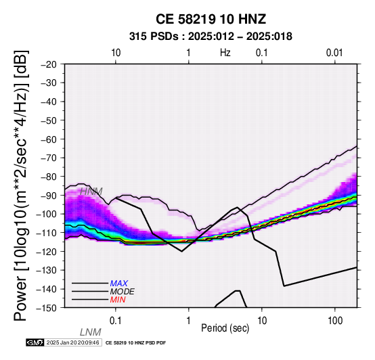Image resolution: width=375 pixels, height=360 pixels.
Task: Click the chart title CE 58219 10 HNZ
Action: pyautogui.click(x=211, y=19)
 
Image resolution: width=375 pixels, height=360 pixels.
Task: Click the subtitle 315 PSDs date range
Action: pyautogui.click(x=211, y=37)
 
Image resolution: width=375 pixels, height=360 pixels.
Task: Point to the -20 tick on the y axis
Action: pyautogui.click(x=49, y=64)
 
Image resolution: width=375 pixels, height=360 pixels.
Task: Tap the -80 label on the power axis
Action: pyautogui.click(x=49, y=177)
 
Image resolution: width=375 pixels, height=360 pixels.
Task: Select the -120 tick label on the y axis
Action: pyautogui.click(x=47, y=252)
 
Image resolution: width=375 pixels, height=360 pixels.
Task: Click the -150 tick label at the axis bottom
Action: pyautogui.click(x=47, y=308)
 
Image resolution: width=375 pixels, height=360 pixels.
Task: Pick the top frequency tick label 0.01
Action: pyautogui.click(x=334, y=53)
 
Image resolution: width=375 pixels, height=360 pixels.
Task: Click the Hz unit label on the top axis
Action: pyautogui.click(x=225, y=53)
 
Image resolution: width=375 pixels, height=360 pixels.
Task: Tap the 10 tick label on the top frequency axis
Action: pyautogui.click(x=116, y=53)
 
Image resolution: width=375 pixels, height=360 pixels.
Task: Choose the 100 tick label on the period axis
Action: pyautogui.click(x=335, y=321)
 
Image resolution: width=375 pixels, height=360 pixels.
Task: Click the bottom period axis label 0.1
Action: pyautogui.click(x=115, y=321)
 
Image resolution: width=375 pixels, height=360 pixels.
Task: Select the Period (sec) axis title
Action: pyautogui.click(x=225, y=328)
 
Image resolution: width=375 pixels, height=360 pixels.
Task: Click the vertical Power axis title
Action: pyautogui.click(x=21, y=185)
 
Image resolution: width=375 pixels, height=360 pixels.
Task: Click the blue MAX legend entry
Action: pyautogui.click(x=119, y=284)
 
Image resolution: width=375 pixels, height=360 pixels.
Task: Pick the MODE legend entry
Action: pyautogui.click(x=123, y=292)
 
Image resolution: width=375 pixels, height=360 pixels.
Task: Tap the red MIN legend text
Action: pyautogui.click(x=118, y=300)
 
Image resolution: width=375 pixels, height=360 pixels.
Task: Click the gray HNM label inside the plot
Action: pyautogui.click(x=91, y=192)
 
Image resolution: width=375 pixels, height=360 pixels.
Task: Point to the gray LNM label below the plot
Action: pyautogui.click(x=91, y=332)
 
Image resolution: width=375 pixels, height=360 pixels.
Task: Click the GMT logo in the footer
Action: pyautogui.click(x=35, y=342)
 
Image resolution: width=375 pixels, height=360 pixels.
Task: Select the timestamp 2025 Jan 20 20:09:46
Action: pyautogui.click(x=73, y=342)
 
